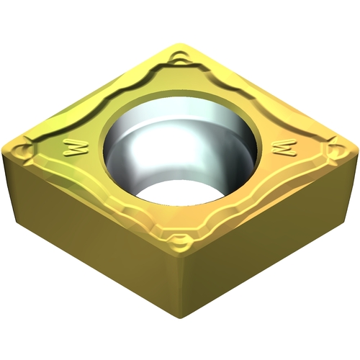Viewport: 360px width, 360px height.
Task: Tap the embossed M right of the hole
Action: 284,148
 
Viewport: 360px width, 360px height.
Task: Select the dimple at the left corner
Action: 24,150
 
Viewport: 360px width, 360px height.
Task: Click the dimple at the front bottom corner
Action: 180,240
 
